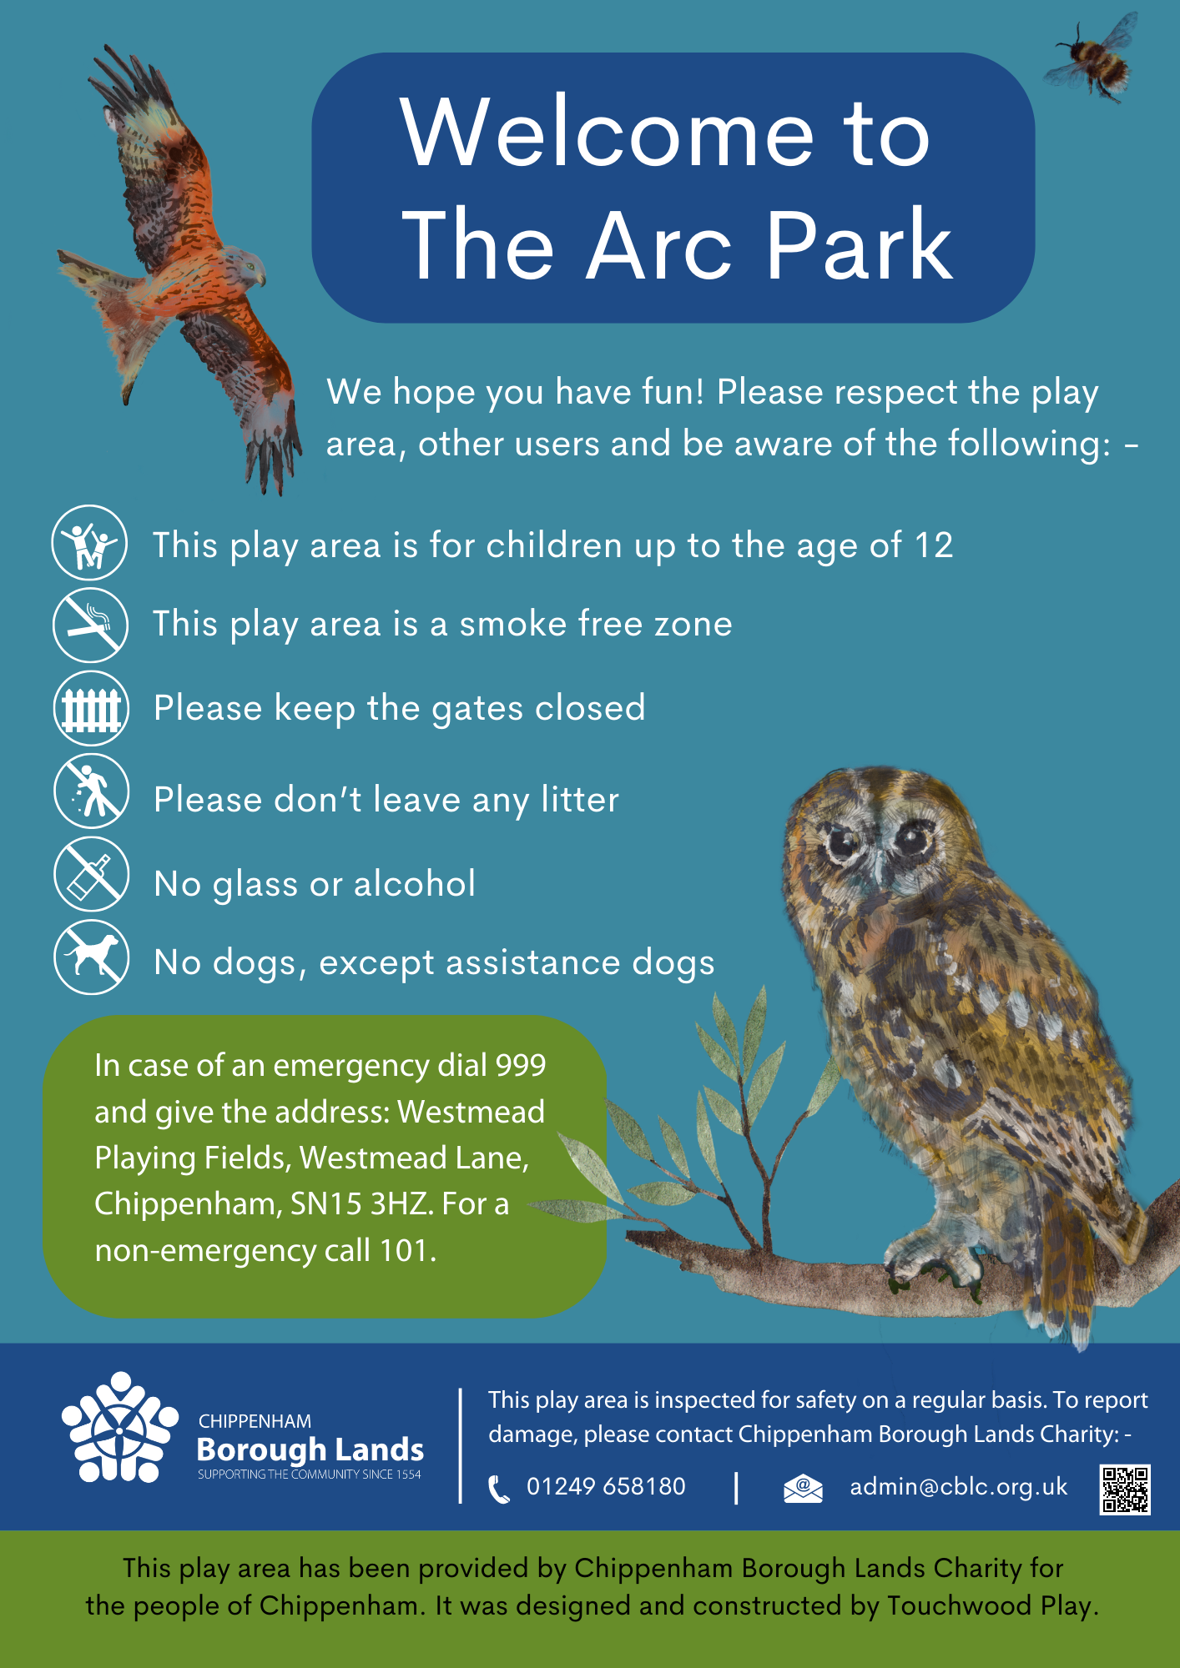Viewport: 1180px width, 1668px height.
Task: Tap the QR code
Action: coord(1124,1489)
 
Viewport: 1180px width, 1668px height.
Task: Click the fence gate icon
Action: coord(91,709)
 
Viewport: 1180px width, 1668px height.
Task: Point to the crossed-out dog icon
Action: coord(92,957)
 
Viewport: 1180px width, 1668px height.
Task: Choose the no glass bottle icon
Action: coord(92,874)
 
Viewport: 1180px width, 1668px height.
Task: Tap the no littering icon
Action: coord(92,791)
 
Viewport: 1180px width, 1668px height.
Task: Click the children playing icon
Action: coord(90,543)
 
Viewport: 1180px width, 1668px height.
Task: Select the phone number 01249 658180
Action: coord(606,1486)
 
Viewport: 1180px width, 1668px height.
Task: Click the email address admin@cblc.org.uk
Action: coord(958,1486)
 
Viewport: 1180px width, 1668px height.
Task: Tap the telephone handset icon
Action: coord(498,1489)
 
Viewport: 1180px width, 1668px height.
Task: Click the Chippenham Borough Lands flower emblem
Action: coord(119,1428)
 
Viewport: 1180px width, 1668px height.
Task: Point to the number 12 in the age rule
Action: coord(934,545)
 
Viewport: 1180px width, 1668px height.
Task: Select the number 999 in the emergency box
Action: coord(521,1065)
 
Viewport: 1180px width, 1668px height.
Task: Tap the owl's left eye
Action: coord(841,843)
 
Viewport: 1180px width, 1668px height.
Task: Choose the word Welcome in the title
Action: coord(606,133)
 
